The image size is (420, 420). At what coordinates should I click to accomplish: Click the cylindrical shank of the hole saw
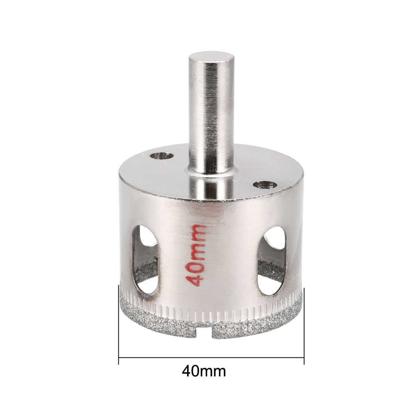211,115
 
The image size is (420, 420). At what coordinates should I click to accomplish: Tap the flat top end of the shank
211,60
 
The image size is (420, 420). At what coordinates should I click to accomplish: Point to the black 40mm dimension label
204,371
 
